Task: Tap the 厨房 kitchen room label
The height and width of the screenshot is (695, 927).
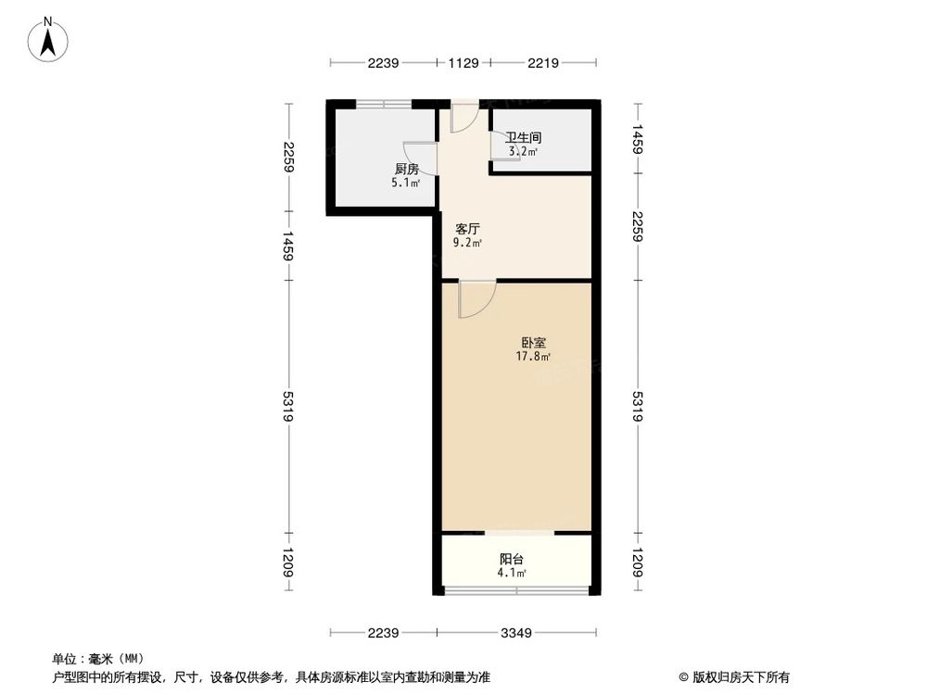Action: coord(406,170)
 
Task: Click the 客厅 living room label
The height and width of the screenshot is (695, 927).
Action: coord(466,228)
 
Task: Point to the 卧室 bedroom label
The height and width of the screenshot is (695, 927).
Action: coord(534,342)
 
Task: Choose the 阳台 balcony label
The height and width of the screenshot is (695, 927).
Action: coord(512,559)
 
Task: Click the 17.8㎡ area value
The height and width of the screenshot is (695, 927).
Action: coord(534,356)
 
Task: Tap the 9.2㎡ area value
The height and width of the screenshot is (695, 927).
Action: coord(466,243)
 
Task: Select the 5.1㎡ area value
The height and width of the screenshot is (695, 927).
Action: coord(406,183)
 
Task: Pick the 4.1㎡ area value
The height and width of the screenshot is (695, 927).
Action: coord(512,574)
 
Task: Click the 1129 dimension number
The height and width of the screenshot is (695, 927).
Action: coord(463,63)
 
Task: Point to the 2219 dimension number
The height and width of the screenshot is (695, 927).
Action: coord(542,63)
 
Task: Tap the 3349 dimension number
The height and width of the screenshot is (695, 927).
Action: coord(516,634)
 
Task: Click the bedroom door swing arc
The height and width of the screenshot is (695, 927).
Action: coord(478,299)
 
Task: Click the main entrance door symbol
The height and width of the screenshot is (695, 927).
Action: coord(464,118)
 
